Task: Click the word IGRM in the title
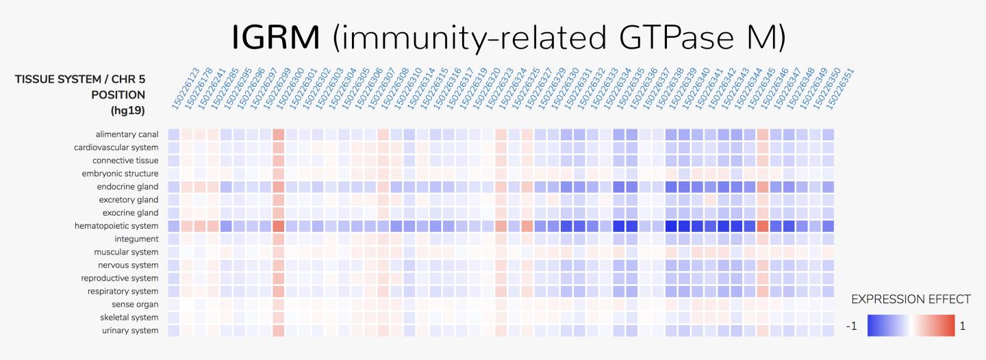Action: click(275, 37)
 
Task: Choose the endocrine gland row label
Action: click(127, 187)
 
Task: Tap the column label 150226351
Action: click(839, 89)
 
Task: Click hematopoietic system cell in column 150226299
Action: click(278, 226)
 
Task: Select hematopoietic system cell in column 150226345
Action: click(763, 226)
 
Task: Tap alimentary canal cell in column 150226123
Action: click(173, 134)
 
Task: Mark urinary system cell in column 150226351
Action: click(829, 331)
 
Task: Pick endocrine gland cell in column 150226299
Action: click(278, 187)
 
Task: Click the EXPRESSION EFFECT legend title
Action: click(911, 299)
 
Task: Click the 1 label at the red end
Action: click(962, 326)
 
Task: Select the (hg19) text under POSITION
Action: click(128, 110)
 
